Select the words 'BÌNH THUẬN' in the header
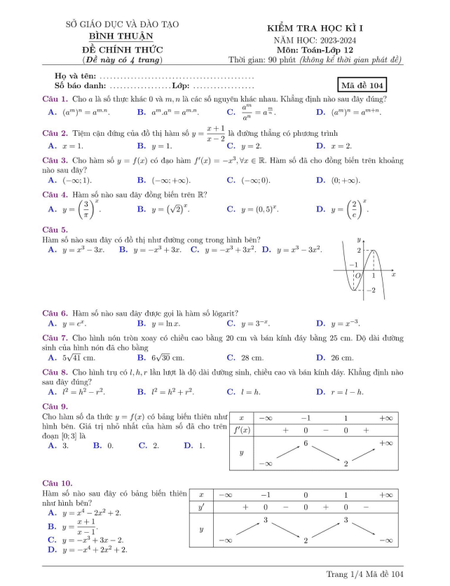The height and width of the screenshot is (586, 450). [x=122, y=37]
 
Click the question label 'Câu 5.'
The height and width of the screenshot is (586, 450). [x=55, y=230]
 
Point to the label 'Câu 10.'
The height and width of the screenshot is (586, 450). [x=57, y=483]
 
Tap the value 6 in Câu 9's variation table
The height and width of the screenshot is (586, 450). [x=306, y=444]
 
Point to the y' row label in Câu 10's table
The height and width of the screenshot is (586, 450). [x=202, y=506]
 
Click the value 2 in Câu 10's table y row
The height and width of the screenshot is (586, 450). [x=306, y=540]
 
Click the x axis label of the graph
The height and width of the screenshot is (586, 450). [x=393, y=275]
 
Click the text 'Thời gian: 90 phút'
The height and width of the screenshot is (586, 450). [x=268, y=60]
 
